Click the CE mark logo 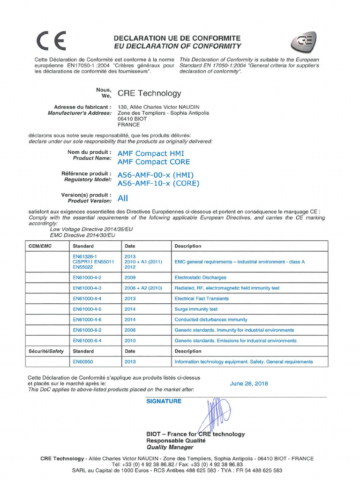(x=51, y=41)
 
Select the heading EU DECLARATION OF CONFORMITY (x=178, y=46)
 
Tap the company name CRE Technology (x=149, y=93)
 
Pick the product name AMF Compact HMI (x=150, y=153)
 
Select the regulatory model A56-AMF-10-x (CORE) (x=158, y=183)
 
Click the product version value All (x=122, y=198)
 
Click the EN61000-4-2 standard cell (x=87, y=277)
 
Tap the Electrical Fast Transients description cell (x=202, y=299)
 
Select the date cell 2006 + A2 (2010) (x=143, y=288)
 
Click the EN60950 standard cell (x=82, y=362)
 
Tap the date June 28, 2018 (x=249, y=383)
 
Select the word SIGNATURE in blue (x=164, y=401)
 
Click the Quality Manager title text (x=170, y=447)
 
